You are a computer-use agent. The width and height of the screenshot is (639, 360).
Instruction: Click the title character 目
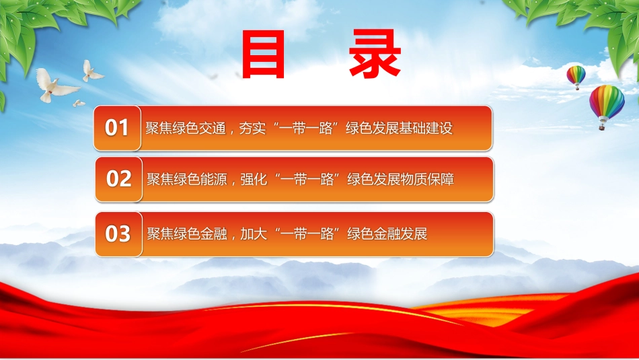click(263, 55)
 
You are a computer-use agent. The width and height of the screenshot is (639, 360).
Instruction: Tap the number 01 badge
click(117, 128)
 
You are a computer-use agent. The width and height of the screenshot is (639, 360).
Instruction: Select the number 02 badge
click(118, 179)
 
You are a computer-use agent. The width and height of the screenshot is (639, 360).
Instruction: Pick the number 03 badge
click(118, 234)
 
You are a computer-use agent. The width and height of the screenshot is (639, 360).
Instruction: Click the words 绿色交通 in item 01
click(199, 128)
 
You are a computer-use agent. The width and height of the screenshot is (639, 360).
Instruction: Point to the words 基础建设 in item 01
click(426, 128)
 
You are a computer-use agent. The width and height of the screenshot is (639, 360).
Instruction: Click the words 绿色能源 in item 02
click(200, 179)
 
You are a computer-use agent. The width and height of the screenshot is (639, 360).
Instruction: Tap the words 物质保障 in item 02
click(428, 179)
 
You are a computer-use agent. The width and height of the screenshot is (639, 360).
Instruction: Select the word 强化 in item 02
click(254, 179)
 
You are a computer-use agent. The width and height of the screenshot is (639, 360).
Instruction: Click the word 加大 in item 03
click(254, 234)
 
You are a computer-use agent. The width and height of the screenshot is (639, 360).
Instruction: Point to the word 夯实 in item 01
click(252, 128)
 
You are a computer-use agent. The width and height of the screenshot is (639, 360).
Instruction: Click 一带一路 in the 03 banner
click(307, 234)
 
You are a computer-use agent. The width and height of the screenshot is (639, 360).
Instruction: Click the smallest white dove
click(79, 104)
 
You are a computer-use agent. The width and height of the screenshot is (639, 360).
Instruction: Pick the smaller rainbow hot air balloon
click(576, 77)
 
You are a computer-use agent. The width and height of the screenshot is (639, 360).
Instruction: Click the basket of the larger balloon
click(601, 127)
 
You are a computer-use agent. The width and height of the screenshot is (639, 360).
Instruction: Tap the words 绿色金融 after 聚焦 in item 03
click(200, 234)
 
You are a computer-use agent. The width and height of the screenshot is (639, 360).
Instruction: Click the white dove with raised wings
click(91, 71)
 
